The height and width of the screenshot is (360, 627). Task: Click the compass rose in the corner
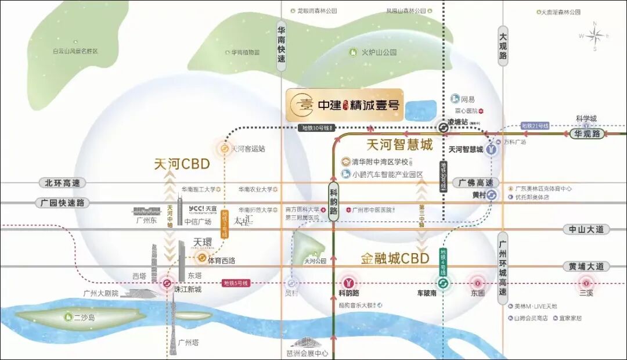pos(594,36)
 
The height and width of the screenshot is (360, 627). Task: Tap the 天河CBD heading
pos(182,164)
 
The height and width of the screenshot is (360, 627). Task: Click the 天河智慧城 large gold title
pos(400,145)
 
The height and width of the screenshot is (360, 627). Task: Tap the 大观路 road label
pos(503,46)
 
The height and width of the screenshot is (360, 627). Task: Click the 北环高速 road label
pos(62,183)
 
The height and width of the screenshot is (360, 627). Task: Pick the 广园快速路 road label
pos(63,203)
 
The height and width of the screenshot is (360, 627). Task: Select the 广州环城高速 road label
pos(503,267)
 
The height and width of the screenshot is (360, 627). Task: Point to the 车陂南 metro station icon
pos(442,283)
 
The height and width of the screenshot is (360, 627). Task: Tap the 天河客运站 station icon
pos(224,148)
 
